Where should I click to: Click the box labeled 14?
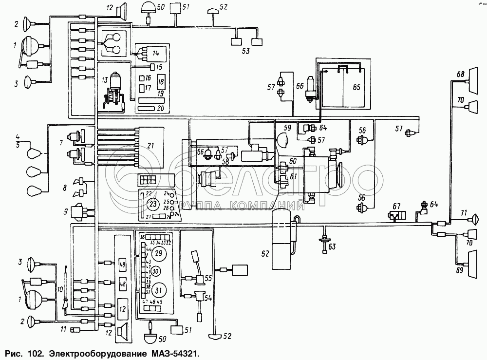tap(155, 52)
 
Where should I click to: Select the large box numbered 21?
tap(151, 146)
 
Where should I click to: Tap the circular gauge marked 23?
tap(153, 203)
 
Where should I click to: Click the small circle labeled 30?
tap(155, 271)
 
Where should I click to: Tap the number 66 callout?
tap(299, 85)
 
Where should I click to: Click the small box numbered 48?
tap(122, 283)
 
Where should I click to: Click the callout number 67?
tap(397, 207)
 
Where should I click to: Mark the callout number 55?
tap(208, 278)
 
